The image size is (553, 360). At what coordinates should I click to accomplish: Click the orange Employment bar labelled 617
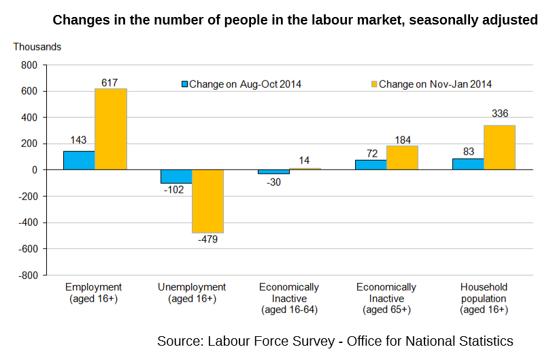pyautogui.click(x=110, y=129)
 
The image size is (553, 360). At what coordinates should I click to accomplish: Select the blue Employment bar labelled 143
pyautogui.click(x=79, y=161)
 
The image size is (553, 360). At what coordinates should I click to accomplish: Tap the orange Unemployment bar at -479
pyautogui.click(x=207, y=201)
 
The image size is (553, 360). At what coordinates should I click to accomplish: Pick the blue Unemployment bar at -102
pyautogui.click(x=176, y=176)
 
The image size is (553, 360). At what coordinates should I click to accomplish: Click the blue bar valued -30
pyautogui.click(x=273, y=172)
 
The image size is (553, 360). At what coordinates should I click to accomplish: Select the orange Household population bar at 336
pyautogui.click(x=499, y=147)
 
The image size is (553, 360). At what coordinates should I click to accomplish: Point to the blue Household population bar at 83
pyautogui.click(x=468, y=164)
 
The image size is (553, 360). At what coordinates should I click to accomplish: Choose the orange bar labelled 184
pyautogui.click(x=402, y=157)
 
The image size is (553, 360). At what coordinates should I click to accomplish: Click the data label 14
pyautogui.click(x=304, y=161)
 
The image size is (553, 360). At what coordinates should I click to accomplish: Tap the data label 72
pyautogui.click(x=371, y=153)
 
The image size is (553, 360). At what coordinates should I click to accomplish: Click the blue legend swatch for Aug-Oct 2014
pyautogui.click(x=184, y=84)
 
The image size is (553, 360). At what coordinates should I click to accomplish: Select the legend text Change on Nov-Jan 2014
pyautogui.click(x=435, y=84)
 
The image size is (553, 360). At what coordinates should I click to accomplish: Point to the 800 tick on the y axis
pyautogui.click(x=29, y=65)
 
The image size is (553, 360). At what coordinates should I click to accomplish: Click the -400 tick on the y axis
pyautogui.click(x=27, y=223)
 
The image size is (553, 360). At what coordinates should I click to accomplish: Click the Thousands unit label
pyautogui.click(x=37, y=47)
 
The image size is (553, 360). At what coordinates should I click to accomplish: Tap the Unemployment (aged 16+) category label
pyautogui.click(x=192, y=293)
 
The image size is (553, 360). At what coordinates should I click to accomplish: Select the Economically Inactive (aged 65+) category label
pyautogui.click(x=386, y=298)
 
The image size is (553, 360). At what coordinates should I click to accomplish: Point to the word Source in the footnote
pyautogui.click(x=178, y=340)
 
